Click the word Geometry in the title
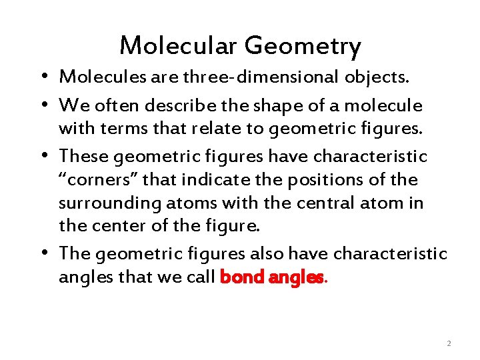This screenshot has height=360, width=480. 303,47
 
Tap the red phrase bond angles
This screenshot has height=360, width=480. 272,276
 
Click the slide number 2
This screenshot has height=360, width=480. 449,343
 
